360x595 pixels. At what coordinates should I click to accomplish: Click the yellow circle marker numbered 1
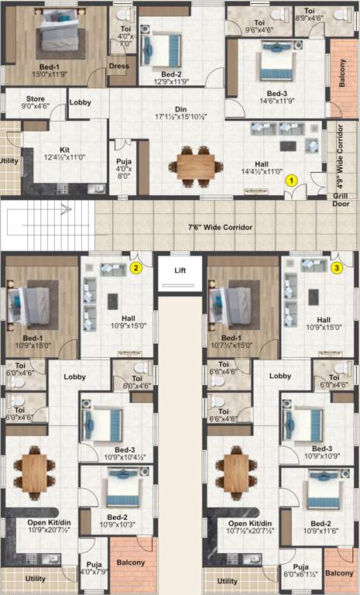pyautogui.click(x=291, y=179)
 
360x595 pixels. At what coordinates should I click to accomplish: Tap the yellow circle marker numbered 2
pyautogui.click(x=135, y=268)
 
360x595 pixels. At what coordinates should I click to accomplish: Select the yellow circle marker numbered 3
pyautogui.click(x=337, y=268)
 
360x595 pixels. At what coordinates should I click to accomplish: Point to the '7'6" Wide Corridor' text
pyautogui.click(x=224, y=228)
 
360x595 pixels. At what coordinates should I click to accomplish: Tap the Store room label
pyautogui.click(x=36, y=104)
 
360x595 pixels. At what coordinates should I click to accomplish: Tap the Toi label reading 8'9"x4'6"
pyautogui.click(x=310, y=15)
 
